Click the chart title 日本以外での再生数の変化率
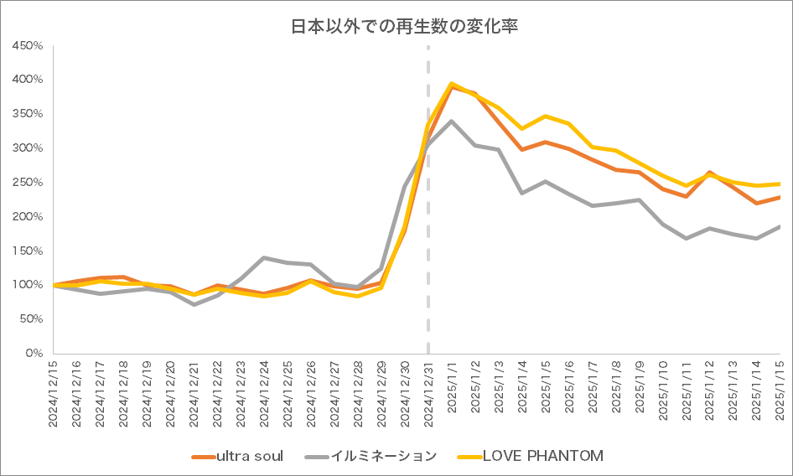(404, 28)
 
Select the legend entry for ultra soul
(249, 456)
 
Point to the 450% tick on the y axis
(27, 45)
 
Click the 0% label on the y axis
(33, 354)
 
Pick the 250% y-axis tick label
(27, 182)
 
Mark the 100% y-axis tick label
(27, 285)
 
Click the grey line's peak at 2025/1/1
(453, 121)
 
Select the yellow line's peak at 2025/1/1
(452, 84)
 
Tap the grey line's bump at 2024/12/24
(265, 257)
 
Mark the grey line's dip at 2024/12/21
(194, 304)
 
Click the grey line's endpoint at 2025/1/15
(780, 226)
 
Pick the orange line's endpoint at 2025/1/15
(780, 197)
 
